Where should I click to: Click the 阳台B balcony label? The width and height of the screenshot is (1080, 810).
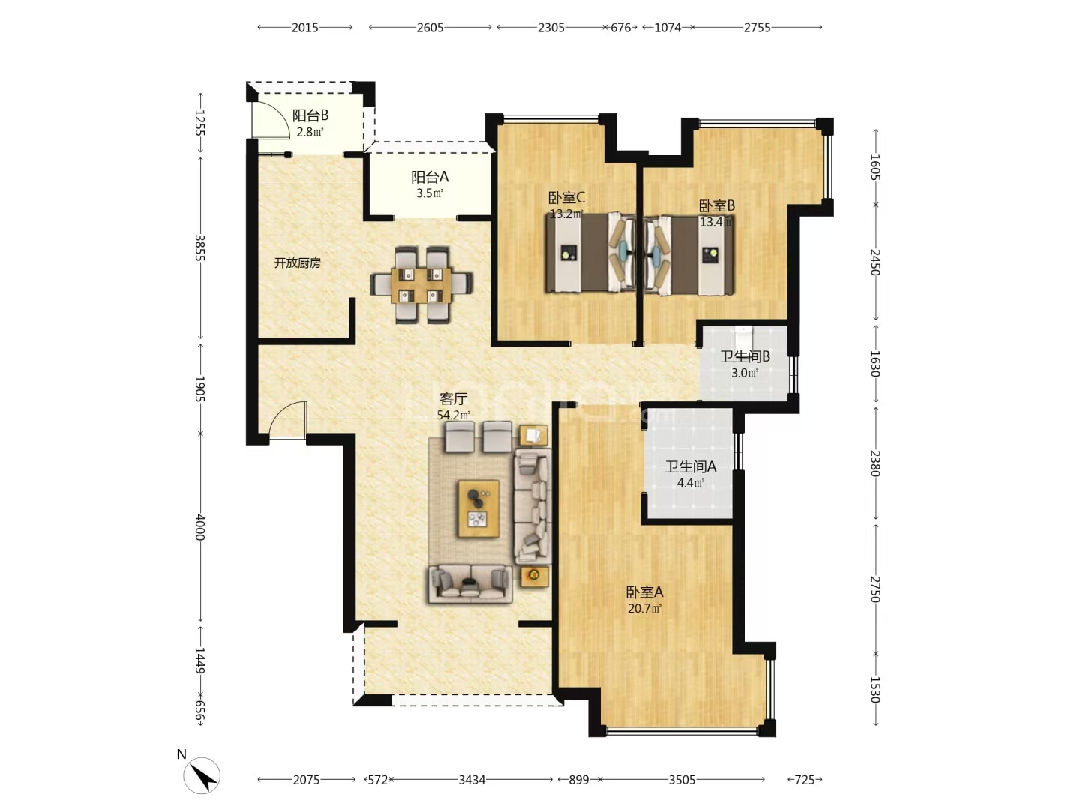point(310,115)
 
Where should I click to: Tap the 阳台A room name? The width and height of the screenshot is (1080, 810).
point(430,176)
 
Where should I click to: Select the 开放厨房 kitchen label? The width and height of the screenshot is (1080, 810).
point(297,263)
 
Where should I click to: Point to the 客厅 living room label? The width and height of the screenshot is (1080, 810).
point(453,397)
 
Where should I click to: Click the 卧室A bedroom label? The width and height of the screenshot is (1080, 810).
point(644,592)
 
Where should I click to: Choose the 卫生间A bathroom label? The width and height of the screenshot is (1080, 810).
point(690,466)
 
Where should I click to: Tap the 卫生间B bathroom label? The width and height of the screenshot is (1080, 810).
point(745,356)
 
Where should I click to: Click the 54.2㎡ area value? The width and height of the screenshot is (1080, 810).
point(453,415)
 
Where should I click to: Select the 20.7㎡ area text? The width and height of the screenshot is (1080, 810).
point(644,609)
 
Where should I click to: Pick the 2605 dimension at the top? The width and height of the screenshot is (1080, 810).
point(430,28)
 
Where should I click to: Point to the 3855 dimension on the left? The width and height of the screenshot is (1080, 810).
point(199,247)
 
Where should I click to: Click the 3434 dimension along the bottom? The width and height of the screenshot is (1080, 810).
point(472,780)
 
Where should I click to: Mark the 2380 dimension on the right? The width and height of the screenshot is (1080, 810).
point(874,463)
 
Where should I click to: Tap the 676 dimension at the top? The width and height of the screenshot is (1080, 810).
point(620,28)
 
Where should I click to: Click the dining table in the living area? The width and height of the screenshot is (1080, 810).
point(421,285)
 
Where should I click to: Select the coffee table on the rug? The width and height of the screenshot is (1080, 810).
point(478,508)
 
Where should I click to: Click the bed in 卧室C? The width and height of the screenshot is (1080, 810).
point(590,253)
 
